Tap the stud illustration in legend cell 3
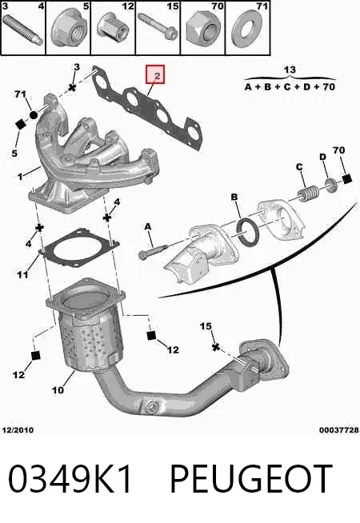coord(22,30)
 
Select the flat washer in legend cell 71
coord(247,30)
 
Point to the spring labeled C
coord(307,193)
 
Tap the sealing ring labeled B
coord(247,232)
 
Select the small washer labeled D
coord(330,185)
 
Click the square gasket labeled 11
coord(79,248)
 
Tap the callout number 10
coord(58,389)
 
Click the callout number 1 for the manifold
coord(20,176)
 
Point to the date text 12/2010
coord(18,430)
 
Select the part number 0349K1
coord(70,479)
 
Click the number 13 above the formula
coord(290,70)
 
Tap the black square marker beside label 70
coord(347,179)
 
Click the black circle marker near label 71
coord(34,115)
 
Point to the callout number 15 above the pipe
coord(206,325)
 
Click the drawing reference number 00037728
coord(339,430)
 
